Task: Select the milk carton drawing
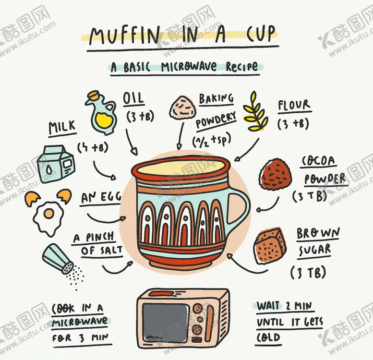click(x=56, y=164)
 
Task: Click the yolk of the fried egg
click(x=49, y=213)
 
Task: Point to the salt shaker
click(x=58, y=258)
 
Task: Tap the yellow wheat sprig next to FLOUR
click(x=255, y=111)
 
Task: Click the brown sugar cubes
click(x=270, y=246)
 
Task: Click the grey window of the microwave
click(x=166, y=322)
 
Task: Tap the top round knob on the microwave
click(x=197, y=308)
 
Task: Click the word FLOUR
click(x=294, y=105)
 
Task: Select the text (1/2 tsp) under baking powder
click(x=212, y=140)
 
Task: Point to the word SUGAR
click(x=314, y=251)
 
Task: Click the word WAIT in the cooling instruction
click(x=268, y=306)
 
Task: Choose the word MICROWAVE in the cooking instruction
click(x=80, y=323)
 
